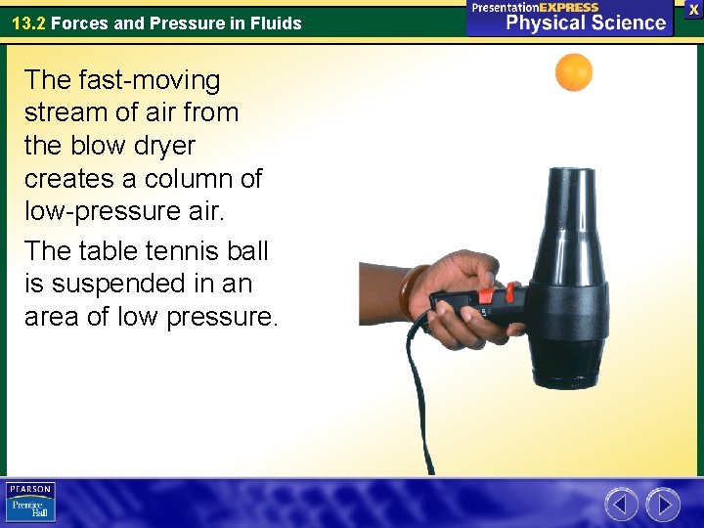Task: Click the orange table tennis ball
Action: point(574,71)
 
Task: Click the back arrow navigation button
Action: point(621,505)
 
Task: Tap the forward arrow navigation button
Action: point(664,505)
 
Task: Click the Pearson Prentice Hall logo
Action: point(30,503)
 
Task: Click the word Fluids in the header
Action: point(273,22)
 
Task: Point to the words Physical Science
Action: point(585,22)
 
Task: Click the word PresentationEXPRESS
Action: point(535,7)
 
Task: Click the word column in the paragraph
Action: point(191,179)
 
